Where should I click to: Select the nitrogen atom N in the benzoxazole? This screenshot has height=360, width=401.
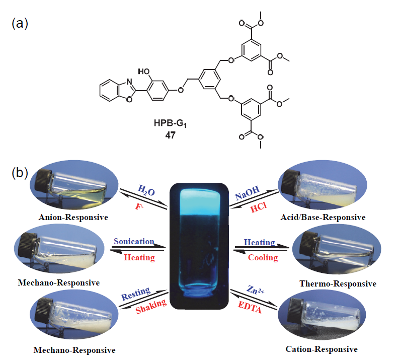pyautogui.click(x=116, y=81)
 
